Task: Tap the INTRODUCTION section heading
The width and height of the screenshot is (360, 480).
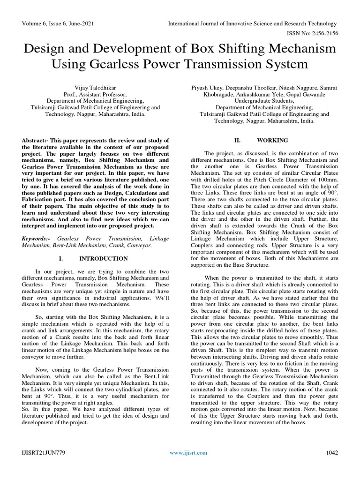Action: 103,258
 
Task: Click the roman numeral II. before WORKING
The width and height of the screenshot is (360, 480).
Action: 237,140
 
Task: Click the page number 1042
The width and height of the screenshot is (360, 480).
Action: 332,453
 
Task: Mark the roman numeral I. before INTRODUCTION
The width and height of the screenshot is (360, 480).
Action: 61,258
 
